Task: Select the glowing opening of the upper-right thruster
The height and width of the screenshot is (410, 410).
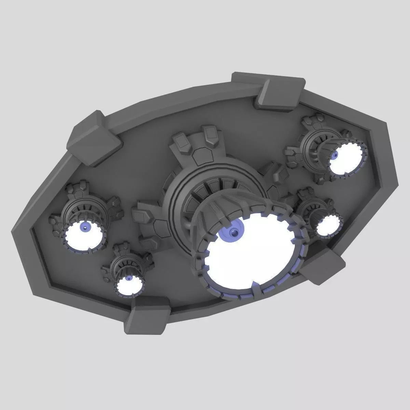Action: pos(345,159)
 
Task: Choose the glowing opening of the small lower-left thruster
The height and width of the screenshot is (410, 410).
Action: pos(129,284)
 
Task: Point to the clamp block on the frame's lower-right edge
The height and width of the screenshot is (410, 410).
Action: pos(323,266)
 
